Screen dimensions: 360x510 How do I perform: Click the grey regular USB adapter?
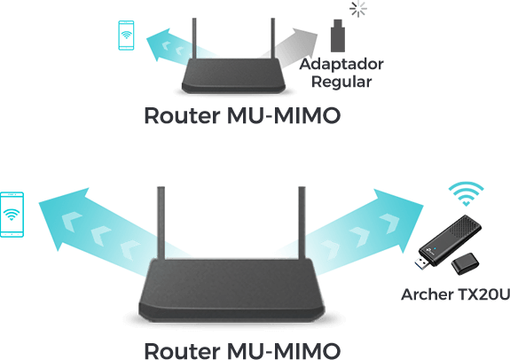[x=336, y=37]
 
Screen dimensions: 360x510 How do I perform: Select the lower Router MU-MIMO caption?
[x=241, y=349]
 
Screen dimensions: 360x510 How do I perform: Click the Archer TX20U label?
[x=455, y=294]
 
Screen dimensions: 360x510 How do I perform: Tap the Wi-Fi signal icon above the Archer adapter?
[x=465, y=193]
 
